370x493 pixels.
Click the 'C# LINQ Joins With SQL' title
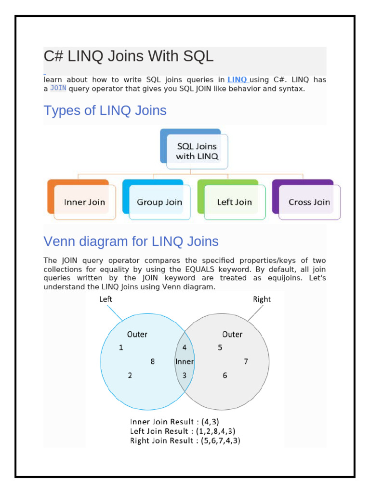coord(128,57)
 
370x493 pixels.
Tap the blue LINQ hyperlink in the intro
coord(237,80)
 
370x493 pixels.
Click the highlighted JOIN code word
coord(58,89)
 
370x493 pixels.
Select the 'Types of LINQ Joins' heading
coord(105,111)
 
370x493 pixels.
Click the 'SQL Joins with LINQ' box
coord(197,151)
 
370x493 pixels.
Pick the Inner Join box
coord(84,202)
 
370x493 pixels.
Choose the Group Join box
coord(159,202)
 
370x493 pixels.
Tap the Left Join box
coord(234,202)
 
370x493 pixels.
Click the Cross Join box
coord(309,202)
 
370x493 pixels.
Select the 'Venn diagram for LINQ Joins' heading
coord(131,241)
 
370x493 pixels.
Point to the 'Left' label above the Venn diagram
coord(106,299)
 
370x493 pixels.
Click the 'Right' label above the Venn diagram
coord(262,299)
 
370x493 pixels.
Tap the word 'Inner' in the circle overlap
coord(185,362)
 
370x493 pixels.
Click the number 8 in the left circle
coord(153,361)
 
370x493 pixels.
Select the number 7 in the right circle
coord(246,361)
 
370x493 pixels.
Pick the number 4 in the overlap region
coord(185,348)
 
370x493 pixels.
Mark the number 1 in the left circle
coord(121,348)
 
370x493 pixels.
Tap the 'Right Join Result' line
coord(185,441)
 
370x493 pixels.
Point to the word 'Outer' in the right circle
coord(232,334)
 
